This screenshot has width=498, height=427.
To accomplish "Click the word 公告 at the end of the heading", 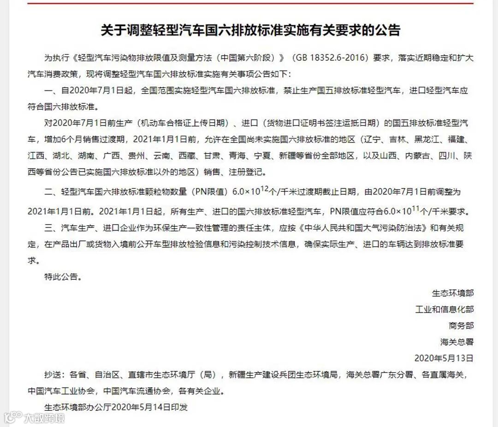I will [x=388, y=30].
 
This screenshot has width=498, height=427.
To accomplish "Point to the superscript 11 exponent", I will [x=415, y=209].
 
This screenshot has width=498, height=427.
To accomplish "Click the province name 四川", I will [x=450, y=156].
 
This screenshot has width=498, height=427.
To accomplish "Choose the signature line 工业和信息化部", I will [x=445, y=309].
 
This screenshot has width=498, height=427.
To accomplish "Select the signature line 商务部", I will [x=461, y=326].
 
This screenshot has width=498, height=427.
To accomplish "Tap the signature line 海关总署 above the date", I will [x=457, y=342].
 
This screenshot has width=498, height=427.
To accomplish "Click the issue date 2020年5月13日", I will [x=444, y=358].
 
